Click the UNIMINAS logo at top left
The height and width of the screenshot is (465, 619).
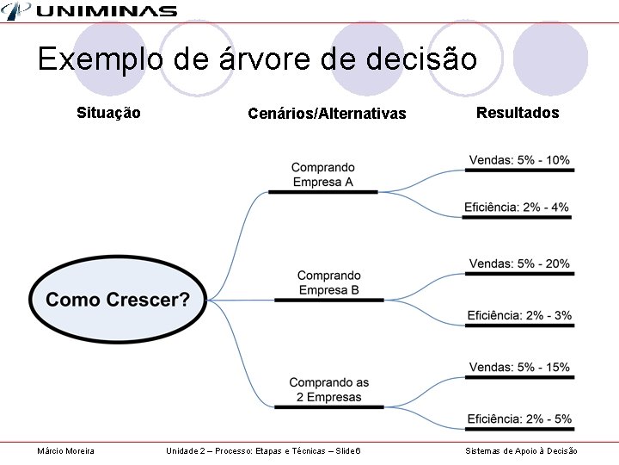click(90, 11)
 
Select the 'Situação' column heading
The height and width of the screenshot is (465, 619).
click(108, 113)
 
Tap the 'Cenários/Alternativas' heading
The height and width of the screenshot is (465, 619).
click(327, 114)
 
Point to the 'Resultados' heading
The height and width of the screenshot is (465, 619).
click(518, 113)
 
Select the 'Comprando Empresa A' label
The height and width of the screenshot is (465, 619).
click(322, 175)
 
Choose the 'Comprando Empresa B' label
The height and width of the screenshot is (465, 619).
click(329, 283)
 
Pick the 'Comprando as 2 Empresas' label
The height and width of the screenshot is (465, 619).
click(328, 390)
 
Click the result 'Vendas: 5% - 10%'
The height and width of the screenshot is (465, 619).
click(519, 160)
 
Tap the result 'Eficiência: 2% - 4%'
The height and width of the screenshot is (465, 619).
click(517, 208)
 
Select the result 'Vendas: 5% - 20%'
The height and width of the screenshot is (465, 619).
click(519, 264)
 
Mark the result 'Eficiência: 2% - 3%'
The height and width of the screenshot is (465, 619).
click(519, 315)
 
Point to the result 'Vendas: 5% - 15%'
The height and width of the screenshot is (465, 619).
click(519, 368)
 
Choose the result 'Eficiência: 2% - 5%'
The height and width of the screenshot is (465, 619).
click(519, 419)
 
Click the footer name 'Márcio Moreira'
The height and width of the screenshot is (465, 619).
click(66, 451)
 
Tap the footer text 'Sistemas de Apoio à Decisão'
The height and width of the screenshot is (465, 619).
click(521, 451)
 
